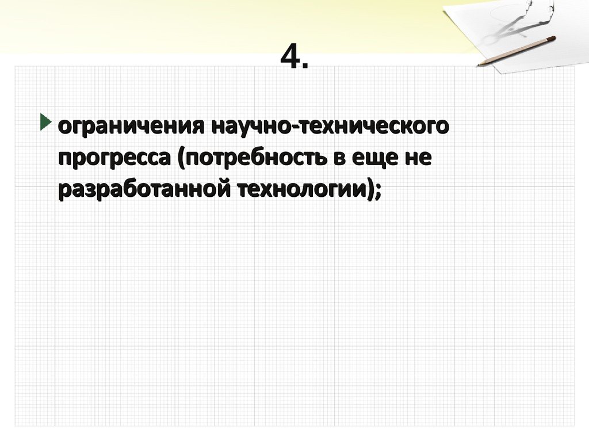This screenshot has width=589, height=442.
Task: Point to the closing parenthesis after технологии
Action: (x=369, y=189)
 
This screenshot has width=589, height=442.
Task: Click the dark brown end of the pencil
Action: (x=552, y=39)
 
